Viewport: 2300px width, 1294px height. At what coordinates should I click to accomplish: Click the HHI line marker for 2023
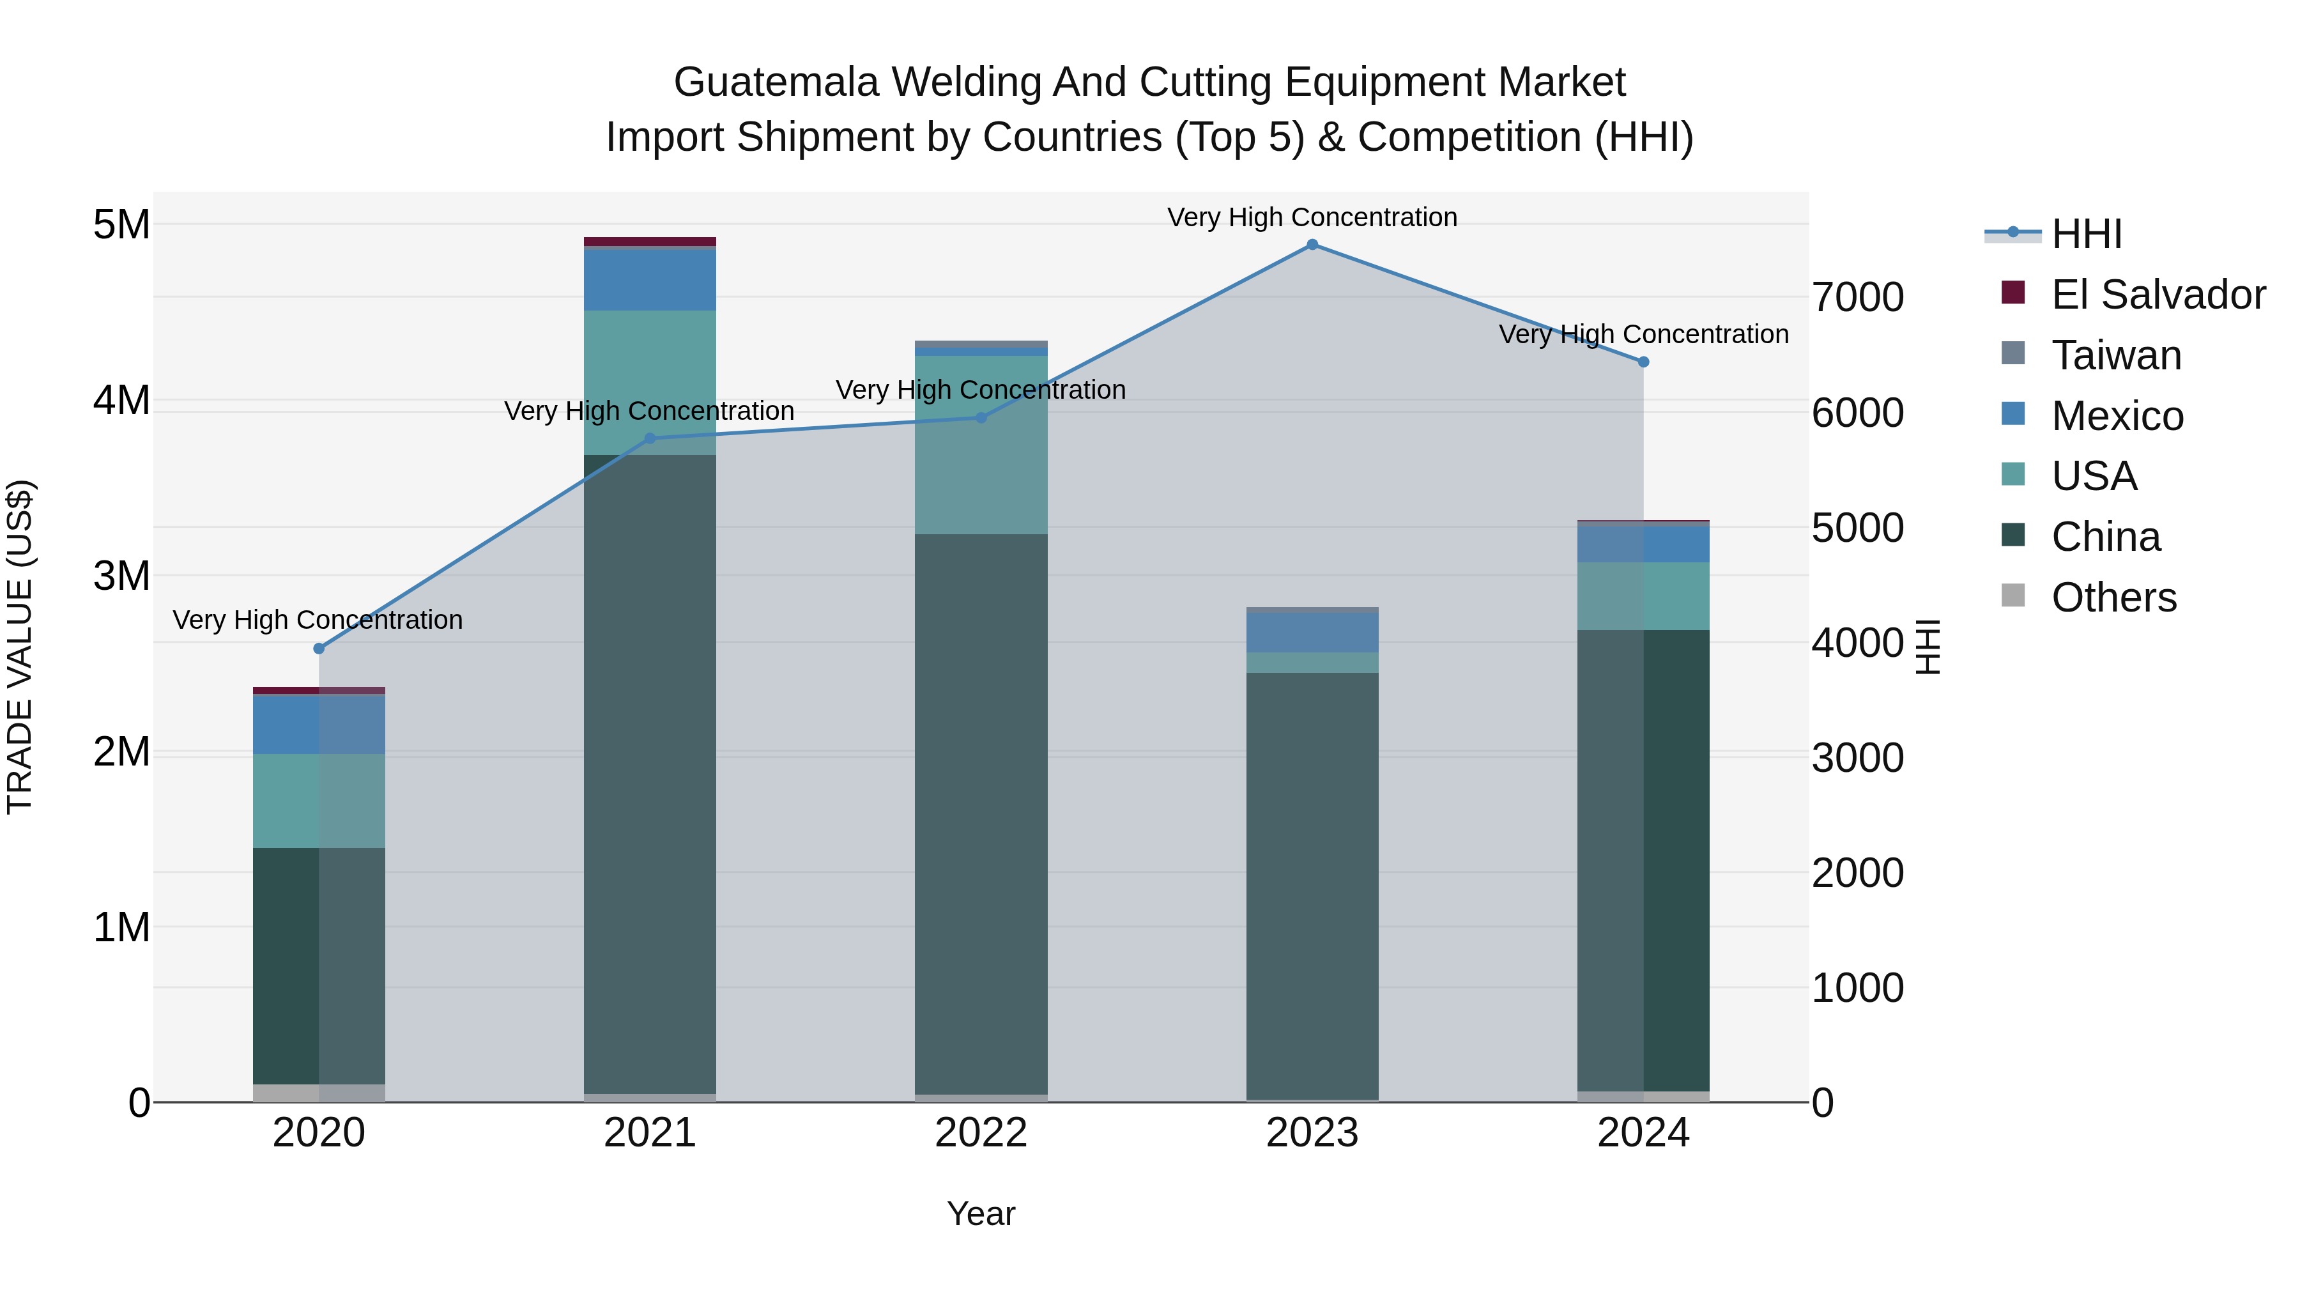pyautogui.click(x=1312, y=245)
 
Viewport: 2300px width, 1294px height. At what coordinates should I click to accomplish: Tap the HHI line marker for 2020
pyautogui.click(x=319, y=649)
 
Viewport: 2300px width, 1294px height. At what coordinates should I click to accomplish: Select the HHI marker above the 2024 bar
pyautogui.click(x=1643, y=362)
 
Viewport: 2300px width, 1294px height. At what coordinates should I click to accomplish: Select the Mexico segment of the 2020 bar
pyautogui.click(x=319, y=724)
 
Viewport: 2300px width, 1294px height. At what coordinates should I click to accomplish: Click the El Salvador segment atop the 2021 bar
pyautogui.click(x=650, y=241)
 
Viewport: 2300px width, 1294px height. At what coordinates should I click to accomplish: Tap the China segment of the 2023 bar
pyautogui.click(x=1312, y=885)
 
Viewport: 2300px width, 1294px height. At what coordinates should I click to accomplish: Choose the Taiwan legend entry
pyautogui.click(x=2116, y=355)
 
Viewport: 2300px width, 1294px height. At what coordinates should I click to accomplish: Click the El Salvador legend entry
pyautogui.click(x=2157, y=295)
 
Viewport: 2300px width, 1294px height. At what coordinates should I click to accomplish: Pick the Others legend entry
pyautogui.click(x=2113, y=597)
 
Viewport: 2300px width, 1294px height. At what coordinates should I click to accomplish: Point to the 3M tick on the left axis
pyautogui.click(x=121, y=576)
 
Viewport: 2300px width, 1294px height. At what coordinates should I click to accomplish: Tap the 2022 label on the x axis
pyautogui.click(x=980, y=1133)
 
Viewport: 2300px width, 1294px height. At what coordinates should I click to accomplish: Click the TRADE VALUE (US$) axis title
pyautogui.click(x=20, y=647)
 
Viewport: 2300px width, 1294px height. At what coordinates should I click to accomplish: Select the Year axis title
pyautogui.click(x=980, y=1213)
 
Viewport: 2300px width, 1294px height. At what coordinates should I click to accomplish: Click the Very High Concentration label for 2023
pyautogui.click(x=1312, y=217)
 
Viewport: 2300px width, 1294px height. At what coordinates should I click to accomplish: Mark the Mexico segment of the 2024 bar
pyautogui.click(x=1643, y=544)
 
